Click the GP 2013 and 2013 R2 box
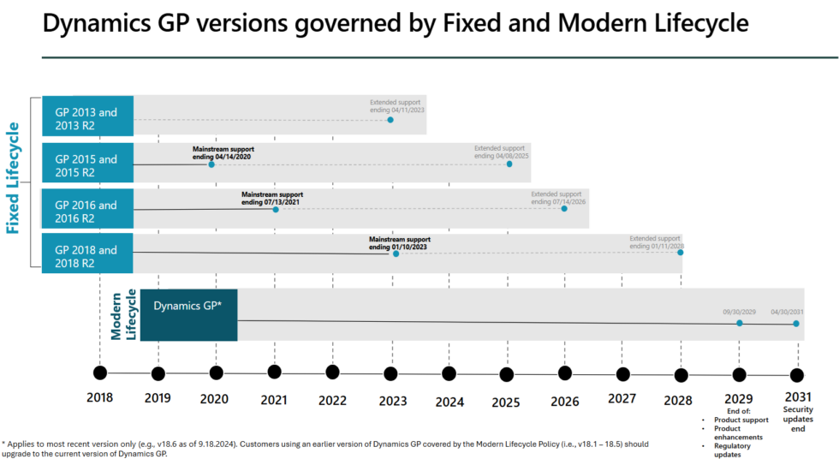[87, 118]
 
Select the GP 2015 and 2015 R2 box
[87, 164]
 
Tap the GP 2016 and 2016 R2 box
[87, 211]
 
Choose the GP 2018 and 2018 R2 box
[87, 256]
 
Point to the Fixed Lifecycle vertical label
[14, 178]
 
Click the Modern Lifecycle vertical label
[123, 313]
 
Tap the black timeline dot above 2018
[100, 373]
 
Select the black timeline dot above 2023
[390, 373]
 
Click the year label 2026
[565, 400]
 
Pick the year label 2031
[797, 397]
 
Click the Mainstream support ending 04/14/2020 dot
[211, 164]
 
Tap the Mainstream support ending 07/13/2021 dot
[276, 209]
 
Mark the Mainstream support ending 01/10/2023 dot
[396, 253]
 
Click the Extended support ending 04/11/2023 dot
[390, 120]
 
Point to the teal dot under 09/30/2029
[740, 323]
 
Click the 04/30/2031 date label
[788, 312]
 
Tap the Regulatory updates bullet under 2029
[733, 450]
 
